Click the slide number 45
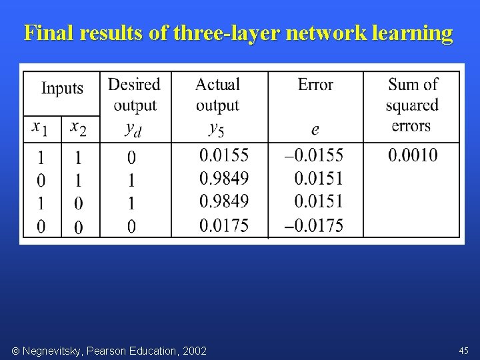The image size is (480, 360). click(x=464, y=350)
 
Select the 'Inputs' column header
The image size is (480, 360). click(x=63, y=88)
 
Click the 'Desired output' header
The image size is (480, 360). click(x=135, y=95)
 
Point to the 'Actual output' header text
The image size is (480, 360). click(x=217, y=95)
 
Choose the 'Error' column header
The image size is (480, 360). click(x=315, y=85)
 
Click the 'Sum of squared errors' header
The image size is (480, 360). click(x=412, y=105)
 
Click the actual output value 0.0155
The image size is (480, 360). click(x=224, y=156)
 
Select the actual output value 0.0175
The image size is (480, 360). click(x=224, y=226)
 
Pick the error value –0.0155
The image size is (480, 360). click(x=313, y=156)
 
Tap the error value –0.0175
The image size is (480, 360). click(x=313, y=226)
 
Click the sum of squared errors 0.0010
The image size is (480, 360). click(x=413, y=156)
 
